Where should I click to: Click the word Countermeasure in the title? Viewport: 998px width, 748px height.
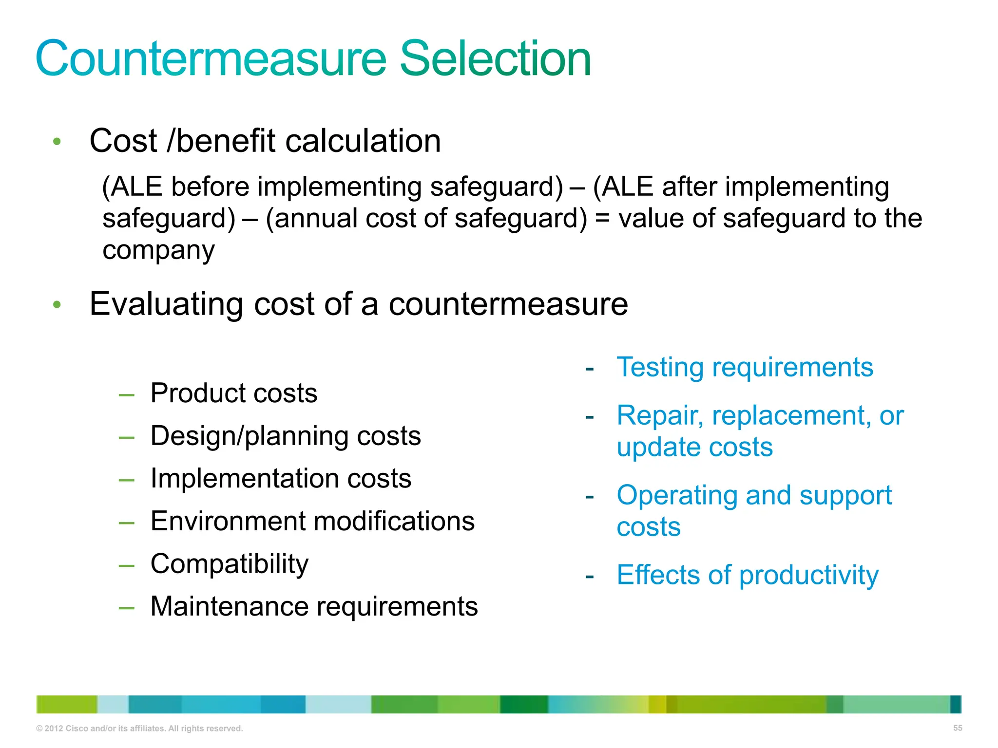pyautogui.click(x=211, y=59)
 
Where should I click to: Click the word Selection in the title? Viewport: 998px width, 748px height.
pyautogui.click(x=495, y=59)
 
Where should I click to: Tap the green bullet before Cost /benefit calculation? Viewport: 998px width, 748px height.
pyautogui.click(x=57, y=142)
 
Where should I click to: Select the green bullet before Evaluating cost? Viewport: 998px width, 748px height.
pyautogui.click(x=57, y=305)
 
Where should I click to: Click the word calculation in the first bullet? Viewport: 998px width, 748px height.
pyautogui.click(x=363, y=141)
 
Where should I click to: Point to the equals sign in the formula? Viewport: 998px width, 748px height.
pyautogui.click(x=602, y=218)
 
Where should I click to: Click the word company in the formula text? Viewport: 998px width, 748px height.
pyautogui.click(x=158, y=250)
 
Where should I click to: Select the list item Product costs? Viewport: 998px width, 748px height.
pyautogui.click(x=233, y=393)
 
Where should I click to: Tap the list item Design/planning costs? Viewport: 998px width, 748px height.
pyautogui.click(x=285, y=436)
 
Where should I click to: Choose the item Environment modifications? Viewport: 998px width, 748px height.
pyautogui.click(x=312, y=521)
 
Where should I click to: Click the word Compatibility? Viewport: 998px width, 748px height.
pyautogui.click(x=229, y=564)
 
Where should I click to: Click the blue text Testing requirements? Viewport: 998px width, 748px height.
pyautogui.click(x=745, y=367)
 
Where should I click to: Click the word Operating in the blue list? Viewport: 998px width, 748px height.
pyautogui.click(x=677, y=496)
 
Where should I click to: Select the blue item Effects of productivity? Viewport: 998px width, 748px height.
pyautogui.click(x=748, y=575)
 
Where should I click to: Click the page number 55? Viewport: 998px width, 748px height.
pyautogui.click(x=958, y=728)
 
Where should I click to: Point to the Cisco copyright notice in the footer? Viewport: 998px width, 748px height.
pyautogui.click(x=139, y=729)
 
